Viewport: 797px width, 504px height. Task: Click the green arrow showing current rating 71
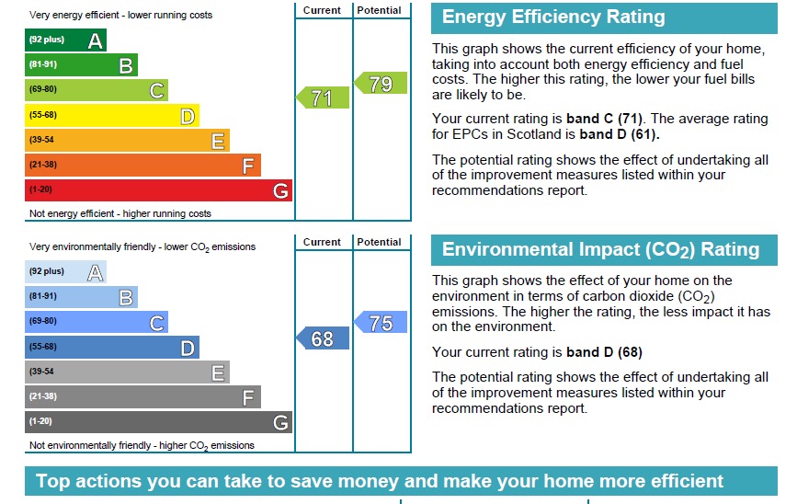pyautogui.click(x=323, y=97)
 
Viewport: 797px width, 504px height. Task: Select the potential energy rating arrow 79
pyautogui.click(x=381, y=84)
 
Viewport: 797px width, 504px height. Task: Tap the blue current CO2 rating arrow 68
pyautogui.click(x=323, y=338)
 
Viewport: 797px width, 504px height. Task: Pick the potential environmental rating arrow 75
pyautogui.click(x=381, y=323)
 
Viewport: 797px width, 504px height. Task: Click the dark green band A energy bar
pyautogui.click(x=65, y=40)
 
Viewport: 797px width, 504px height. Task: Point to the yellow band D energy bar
pyautogui.click(x=111, y=115)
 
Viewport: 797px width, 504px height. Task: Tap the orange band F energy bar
pyautogui.click(x=142, y=166)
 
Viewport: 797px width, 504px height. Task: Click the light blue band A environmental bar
pyautogui.click(x=65, y=271)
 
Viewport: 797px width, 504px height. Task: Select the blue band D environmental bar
pyautogui.click(x=111, y=347)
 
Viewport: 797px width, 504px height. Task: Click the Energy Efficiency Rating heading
pyautogui.click(x=553, y=17)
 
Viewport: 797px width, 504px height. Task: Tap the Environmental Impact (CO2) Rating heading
pyautogui.click(x=600, y=250)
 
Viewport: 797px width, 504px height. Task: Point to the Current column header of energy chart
pyautogui.click(x=322, y=10)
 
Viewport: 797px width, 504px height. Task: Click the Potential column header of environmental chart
pyautogui.click(x=380, y=242)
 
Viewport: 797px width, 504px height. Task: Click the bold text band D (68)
pyautogui.click(x=604, y=352)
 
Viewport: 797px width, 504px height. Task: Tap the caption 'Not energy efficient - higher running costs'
pyautogui.click(x=120, y=213)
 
